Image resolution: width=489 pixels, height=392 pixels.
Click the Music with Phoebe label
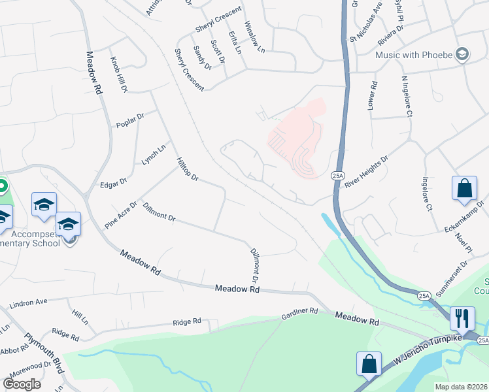pyautogui.click(x=414, y=54)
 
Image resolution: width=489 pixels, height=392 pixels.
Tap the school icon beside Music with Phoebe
pyautogui.click(x=464, y=54)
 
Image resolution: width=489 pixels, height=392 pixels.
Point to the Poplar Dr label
pyautogui.click(x=129, y=120)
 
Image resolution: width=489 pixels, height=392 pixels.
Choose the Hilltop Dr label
pyautogui.click(x=186, y=169)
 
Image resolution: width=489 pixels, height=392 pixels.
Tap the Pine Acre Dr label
pyautogui.click(x=121, y=215)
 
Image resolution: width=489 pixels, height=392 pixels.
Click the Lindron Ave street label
pyautogui.click(x=29, y=302)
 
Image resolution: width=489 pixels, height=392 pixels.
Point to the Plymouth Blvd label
pyautogui.click(x=44, y=354)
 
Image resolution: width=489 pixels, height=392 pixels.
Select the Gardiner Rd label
pyautogui.click(x=299, y=314)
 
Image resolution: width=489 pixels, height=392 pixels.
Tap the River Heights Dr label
pyautogui.click(x=366, y=172)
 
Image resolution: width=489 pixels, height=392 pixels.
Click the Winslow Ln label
pyautogui.click(x=255, y=36)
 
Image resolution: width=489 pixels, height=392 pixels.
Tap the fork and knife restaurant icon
pyautogui.click(x=462, y=318)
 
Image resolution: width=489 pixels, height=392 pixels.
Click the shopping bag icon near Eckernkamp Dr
pyautogui.click(x=464, y=188)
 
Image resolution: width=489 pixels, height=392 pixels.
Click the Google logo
pyautogui.click(x=22, y=384)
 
